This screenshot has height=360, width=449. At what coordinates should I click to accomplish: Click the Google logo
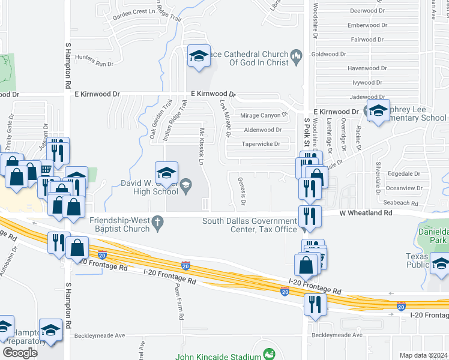click(x=20, y=352)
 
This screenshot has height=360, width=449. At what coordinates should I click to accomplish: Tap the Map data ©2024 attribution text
click(x=424, y=355)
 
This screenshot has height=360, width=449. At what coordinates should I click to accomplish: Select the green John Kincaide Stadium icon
click(x=269, y=355)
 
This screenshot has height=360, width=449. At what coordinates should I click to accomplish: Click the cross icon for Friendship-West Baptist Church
click(x=158, y=223)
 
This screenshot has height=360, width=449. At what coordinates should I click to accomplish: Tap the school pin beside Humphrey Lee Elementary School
click(x=378, y=111)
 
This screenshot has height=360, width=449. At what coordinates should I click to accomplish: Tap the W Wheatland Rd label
click(x=366, y=213)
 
